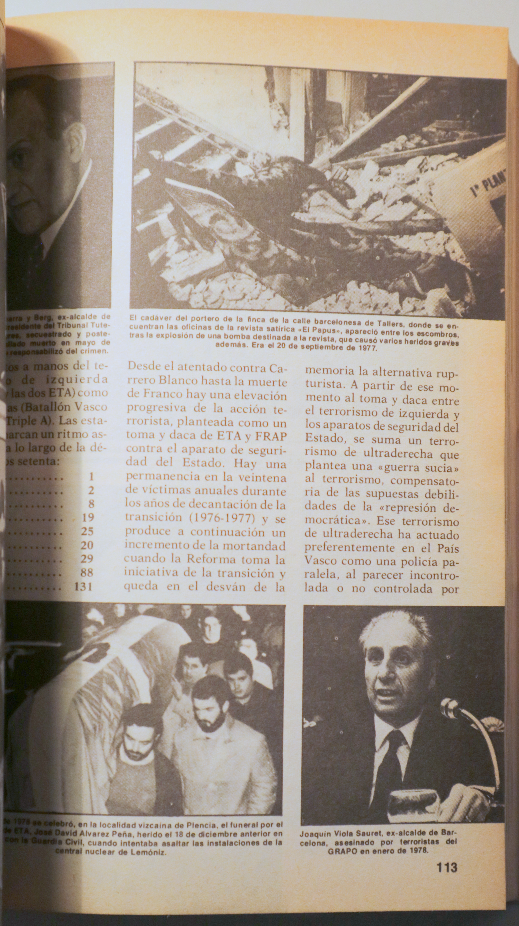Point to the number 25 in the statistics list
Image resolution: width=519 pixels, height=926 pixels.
[x=87, y=531]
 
